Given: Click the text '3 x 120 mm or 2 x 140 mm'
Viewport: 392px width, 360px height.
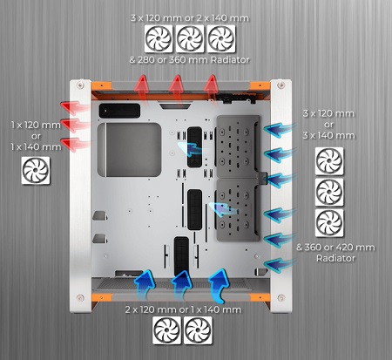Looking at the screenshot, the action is pyautogui.click(x=190, y=18).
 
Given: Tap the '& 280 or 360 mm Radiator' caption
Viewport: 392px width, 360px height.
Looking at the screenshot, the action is pyautogui.click(x=189, y=60).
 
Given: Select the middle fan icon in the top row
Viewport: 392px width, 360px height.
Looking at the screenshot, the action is pyautogui.click(x=190, y=38).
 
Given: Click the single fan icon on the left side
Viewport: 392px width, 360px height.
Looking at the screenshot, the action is pyautogui.click(x=36, y=171).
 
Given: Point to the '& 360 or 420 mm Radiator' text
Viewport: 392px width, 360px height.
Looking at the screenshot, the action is pyautogui.click(x=335, y=253).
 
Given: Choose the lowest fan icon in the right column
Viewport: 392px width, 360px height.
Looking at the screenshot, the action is pyautogui.click(x=329, y=223).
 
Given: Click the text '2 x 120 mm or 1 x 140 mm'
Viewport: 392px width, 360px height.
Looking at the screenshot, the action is pyautogui.click(x=183, y=309).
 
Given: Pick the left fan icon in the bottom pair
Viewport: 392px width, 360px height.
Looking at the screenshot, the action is pyautogui.click(x=166, y=330).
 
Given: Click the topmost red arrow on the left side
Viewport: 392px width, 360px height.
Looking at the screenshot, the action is pyautogui.click(x=74, y=107).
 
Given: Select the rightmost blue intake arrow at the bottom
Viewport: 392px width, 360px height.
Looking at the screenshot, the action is pyautogui.click(x=219, y=286).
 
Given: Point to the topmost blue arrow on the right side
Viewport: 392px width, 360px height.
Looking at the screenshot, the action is pyautogui.click(x=280, y=130).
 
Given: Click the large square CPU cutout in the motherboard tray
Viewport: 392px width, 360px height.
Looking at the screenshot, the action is pyautogui.click(x=129, y=150).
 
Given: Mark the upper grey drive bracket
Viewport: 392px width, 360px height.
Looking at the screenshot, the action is pyautogui.click(x=238, y=146).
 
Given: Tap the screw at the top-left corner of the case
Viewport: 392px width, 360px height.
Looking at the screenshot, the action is pyautogui.click(x=80, y=85).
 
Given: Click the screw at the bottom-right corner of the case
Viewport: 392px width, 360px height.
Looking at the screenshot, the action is pyautogui.click(x=280, y=298).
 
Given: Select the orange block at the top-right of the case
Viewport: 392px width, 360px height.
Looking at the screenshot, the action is pyautogui.click(x=260, y=85).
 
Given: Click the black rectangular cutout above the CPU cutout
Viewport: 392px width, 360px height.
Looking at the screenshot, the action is pyautogui.click(x=119, y=111).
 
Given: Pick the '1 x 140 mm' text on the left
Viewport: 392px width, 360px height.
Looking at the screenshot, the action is pyautogui.click(x=36, y=146).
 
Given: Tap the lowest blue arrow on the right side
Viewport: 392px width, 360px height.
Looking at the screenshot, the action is pyautogui.click(x=280, y=265).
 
